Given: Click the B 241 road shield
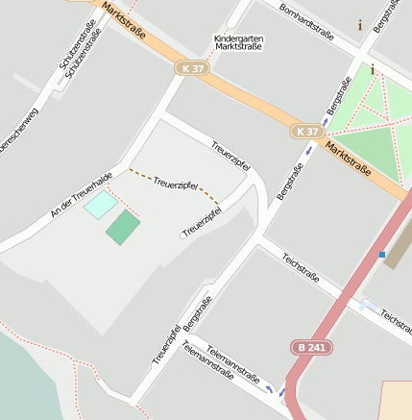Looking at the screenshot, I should (310, 347).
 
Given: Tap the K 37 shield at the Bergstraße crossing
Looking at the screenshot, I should (307, 131).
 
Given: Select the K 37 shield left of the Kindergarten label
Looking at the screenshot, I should (190, 68).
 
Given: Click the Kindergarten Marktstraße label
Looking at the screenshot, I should (239, 41).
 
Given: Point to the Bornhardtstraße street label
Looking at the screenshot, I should (304, 22).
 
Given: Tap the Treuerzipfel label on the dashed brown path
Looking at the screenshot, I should (175, 183).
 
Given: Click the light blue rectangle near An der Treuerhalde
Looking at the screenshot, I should (99, 204).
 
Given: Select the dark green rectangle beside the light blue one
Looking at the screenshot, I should (123, 229).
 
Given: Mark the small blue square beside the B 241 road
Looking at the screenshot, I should (382, 255).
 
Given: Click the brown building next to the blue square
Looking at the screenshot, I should (398, 245).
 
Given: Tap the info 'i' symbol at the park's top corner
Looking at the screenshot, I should (373, 69).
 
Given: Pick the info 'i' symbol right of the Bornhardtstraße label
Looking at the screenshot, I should (360, 25).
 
